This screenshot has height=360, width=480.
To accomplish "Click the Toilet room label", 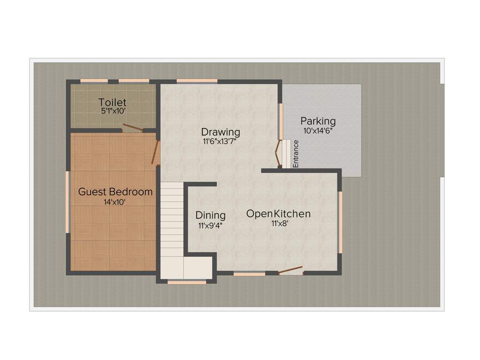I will tap(112, 102).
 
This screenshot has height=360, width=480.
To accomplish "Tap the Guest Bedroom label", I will tap(115, 192).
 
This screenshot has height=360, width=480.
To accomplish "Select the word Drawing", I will tap(221, 132).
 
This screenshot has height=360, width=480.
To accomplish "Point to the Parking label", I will tap(318, 121).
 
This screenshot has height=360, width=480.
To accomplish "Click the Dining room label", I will tap(210, 215).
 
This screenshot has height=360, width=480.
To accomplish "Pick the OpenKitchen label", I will tap(278, 214).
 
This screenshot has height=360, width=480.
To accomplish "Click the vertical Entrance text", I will tap(296, 154).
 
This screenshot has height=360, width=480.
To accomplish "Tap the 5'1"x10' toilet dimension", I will tap(112, 111).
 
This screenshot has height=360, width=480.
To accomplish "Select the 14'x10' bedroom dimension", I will tap(115, 202).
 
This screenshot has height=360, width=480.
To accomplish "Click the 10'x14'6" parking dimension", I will tap(318, 131).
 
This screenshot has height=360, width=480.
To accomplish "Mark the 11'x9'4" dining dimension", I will tap(210, 225).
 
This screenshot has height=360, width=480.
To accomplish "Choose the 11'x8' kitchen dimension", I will tap(279, 224).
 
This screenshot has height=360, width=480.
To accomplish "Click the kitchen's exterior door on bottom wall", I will tap(291, 270).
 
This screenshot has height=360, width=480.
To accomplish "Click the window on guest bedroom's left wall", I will tap(67, 202).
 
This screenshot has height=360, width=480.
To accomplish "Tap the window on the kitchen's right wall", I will tap(340, 222).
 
